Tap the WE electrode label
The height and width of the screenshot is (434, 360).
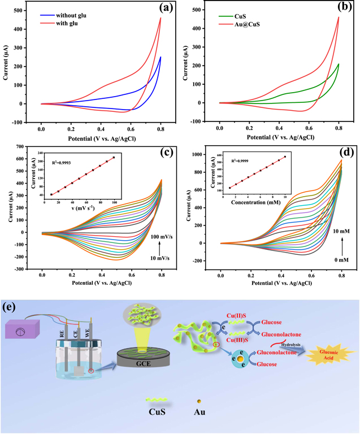[x=87, y=333]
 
